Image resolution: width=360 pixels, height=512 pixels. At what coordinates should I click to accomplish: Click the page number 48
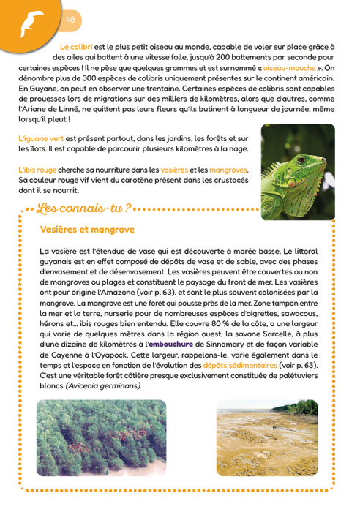[71, 19]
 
